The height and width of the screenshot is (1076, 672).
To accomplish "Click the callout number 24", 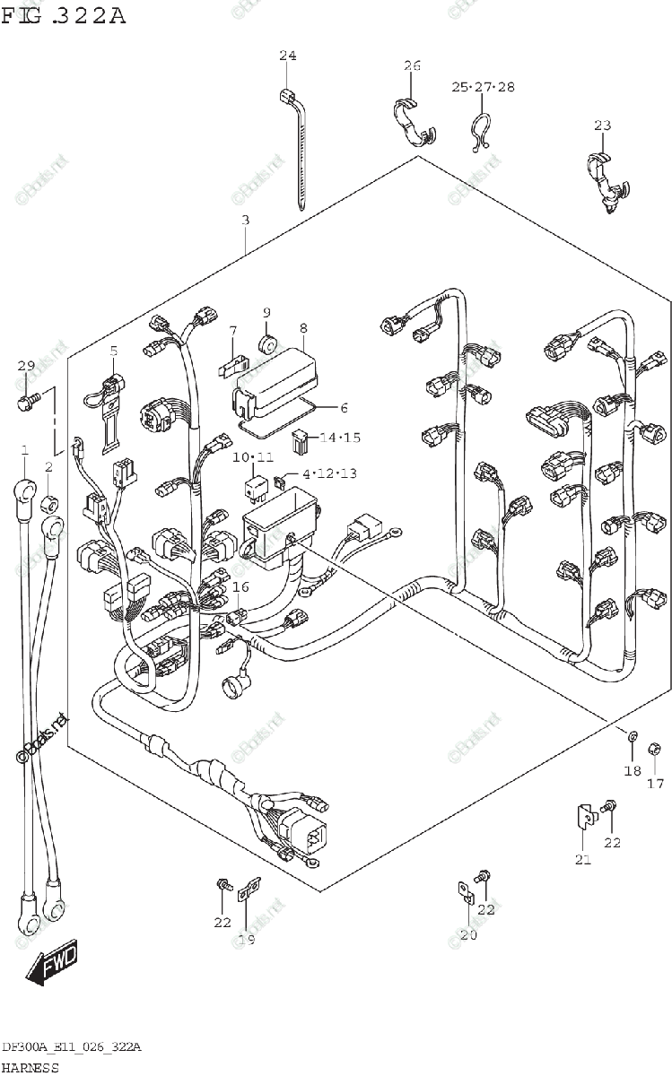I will pos(287,56).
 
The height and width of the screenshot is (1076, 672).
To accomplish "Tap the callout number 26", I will pos(412,65).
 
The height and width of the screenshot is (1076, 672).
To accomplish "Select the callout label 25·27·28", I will pos(483,87).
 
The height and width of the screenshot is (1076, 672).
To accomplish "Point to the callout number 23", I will pos(602,125).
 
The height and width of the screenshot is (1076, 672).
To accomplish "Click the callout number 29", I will pos(25,366).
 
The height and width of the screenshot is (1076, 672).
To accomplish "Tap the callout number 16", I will pos(240,586).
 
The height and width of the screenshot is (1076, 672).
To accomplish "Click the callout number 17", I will pos(655,784).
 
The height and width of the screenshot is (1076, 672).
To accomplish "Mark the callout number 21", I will pos(583,861).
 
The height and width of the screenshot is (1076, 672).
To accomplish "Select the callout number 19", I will pos(248,939).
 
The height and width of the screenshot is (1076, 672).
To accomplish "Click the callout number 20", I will pos(468,934).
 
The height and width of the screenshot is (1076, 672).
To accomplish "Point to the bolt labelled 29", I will pos(27,396).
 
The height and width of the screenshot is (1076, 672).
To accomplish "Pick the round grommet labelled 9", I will pos(266,343).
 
